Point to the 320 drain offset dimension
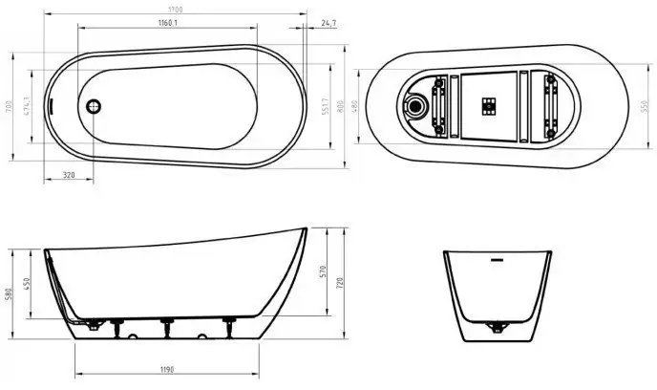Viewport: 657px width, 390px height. (x=69, y=175)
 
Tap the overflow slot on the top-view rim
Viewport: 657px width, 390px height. (x=56, y=107)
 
